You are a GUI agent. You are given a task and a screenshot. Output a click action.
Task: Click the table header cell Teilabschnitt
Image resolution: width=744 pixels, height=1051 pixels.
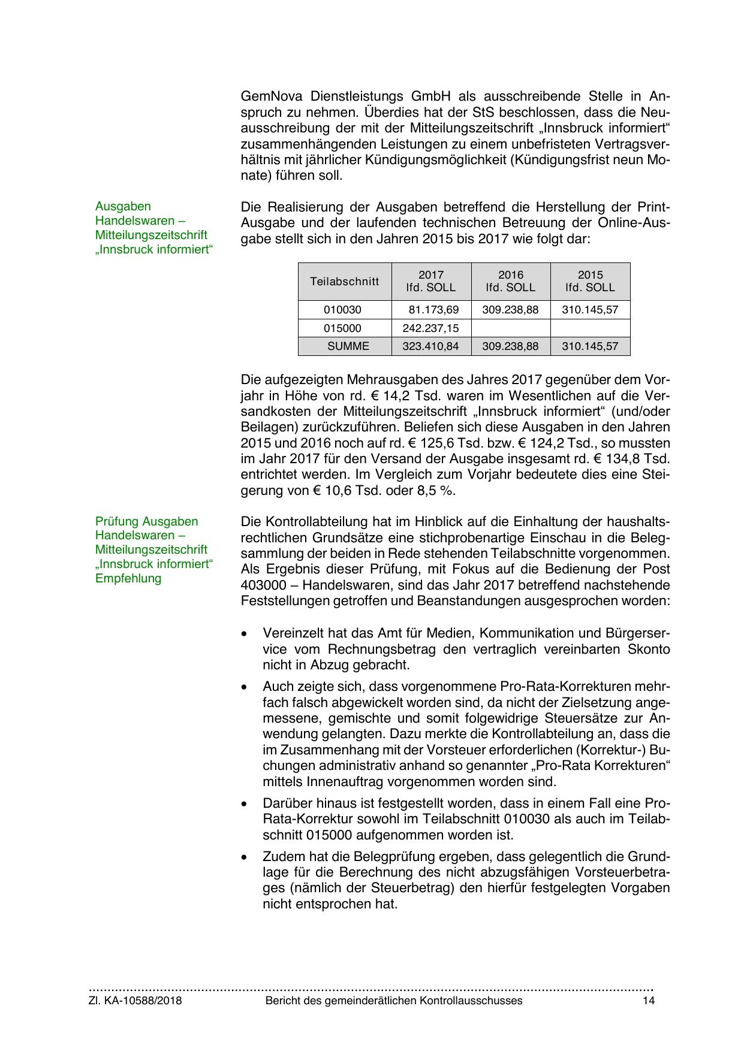click(x=345, y=281)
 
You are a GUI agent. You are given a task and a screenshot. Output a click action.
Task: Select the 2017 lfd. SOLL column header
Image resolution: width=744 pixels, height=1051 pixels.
click(x=431, y=281)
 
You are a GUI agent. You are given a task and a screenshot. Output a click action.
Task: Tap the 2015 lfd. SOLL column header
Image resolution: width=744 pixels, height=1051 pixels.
click(x=590, y=281)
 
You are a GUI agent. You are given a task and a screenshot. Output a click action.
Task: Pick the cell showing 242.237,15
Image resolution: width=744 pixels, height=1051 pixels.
click(x=431, y=328)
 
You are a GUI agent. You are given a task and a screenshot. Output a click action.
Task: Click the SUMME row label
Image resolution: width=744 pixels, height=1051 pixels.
click(x=348, y=346)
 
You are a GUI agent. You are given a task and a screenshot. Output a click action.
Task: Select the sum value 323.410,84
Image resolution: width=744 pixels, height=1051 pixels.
click(x=431, y=346)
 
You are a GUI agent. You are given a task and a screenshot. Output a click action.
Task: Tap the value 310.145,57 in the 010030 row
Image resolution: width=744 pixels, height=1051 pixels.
click(x=590, y=310)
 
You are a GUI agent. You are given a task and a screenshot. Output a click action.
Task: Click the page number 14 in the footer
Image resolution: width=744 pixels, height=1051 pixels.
click(x=649, y=1001)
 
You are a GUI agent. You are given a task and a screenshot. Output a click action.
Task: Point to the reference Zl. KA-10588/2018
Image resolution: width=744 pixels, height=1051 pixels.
click(x=135, y=1001)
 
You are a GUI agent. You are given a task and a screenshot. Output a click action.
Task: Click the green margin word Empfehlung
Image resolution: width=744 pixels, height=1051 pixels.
click(x=128, y=578)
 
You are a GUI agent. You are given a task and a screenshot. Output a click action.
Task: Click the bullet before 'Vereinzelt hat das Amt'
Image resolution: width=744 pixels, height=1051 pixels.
click(x=243, y=633)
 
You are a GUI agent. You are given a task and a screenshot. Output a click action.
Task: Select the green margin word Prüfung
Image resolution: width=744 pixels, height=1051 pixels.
click(x=116, y=521)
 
